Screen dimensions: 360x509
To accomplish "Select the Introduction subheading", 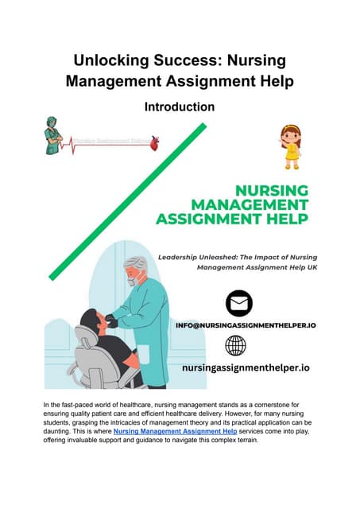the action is tap(180, 106).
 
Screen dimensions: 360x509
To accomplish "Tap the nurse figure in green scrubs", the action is tap(53, 136).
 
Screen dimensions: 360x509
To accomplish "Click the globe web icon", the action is tap(236, 344).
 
